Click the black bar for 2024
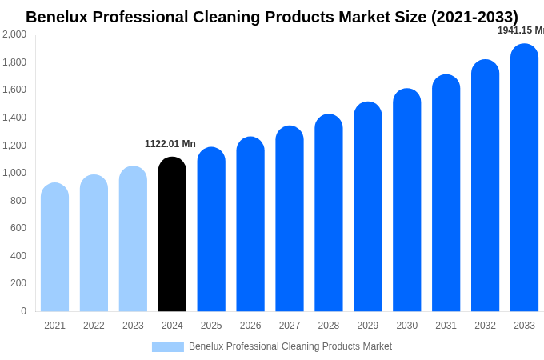click(x=172, y=236)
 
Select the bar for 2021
click(x=54, y=248)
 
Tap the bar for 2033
click(x=524, y=180)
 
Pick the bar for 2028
click(x=329, y=214)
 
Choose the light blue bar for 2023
click(x=133, y=240)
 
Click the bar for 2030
click(x=407, y=202)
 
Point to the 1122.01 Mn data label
click(x=170, y=144)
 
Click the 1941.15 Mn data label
click(x=520, y=30)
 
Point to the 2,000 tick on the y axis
click(x=14, y=34)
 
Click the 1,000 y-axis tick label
click(x=14, y=173)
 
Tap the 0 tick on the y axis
click(x=23, y=311)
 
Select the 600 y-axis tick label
click(x=18, y=228)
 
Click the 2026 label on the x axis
click(x=250, y=326)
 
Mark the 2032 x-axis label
click(x=485, y=326)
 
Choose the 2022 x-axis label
click(x=94, y=326)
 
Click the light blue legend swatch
click(x=168, y=346)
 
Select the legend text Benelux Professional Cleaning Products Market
click(x=290, y=346)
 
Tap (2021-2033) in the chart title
click(x=474, y=17)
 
